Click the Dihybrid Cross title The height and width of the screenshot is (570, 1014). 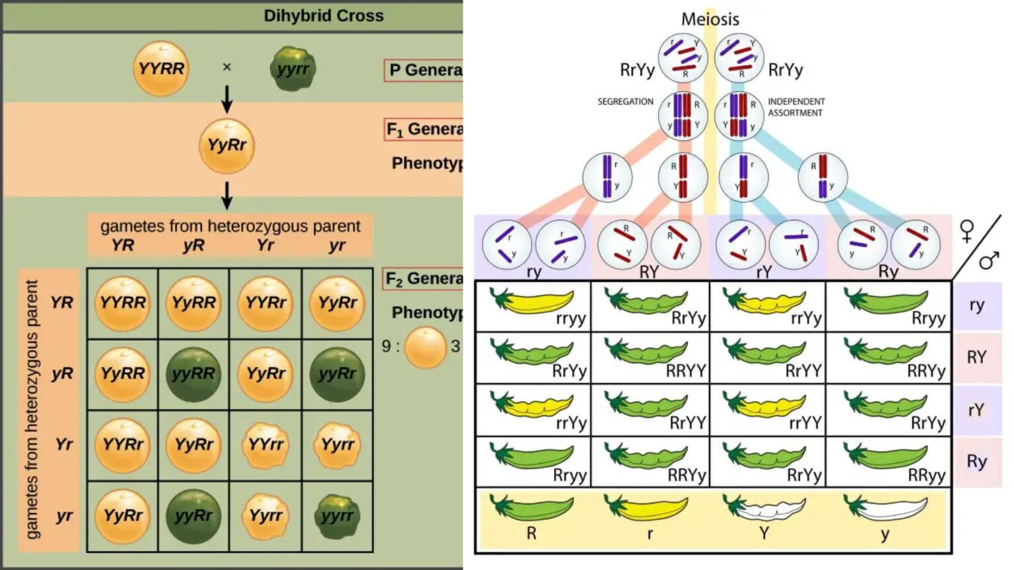323,16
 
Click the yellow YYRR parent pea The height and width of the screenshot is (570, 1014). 161,69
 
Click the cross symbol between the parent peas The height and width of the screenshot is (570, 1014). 227,67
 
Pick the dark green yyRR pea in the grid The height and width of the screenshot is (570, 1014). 193,374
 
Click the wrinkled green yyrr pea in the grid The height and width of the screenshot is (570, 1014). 337,516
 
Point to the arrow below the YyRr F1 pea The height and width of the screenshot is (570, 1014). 227,195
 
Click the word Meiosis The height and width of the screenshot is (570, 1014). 710,19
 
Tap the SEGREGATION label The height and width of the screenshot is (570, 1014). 625,102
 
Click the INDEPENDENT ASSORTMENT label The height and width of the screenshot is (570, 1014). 795,107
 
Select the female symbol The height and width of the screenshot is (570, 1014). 966,231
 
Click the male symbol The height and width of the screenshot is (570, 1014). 988,261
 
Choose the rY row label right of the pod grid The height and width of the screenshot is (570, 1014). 976,410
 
